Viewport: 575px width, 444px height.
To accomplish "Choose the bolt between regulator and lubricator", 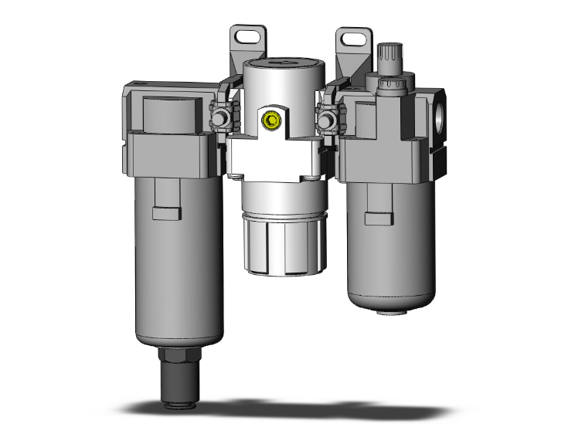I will click(x=327, y=120).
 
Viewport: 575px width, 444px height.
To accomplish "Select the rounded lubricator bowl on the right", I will click(x=386, y=255).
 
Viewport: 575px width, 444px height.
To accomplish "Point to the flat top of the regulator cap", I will click(x=280, y=63).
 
